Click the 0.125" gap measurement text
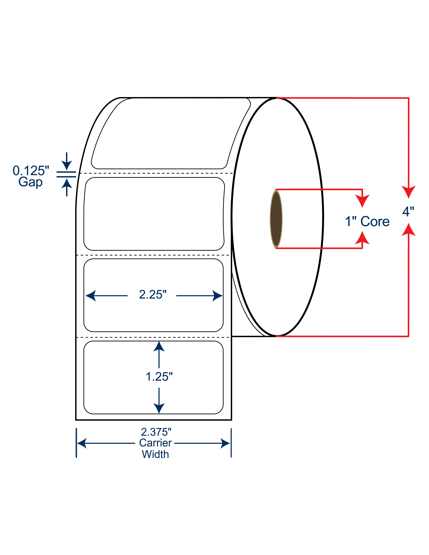pyautogui.click(x=31, y=171)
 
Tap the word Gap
pyautogui.click(x=30, y=182)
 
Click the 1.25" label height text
pyautogui.click(x=159, y=377)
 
